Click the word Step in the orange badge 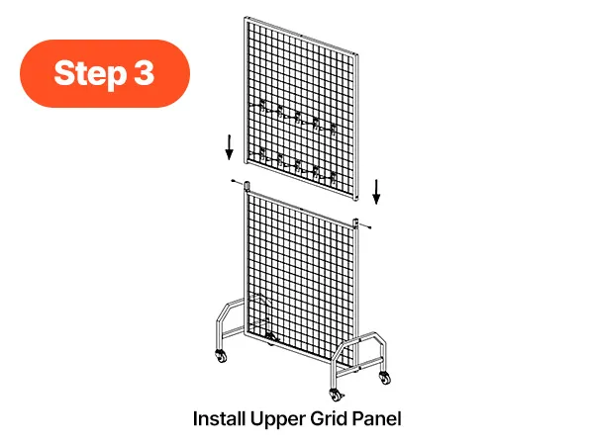click(90, 74)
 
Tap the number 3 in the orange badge click(145, 72)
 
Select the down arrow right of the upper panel click(376, 192)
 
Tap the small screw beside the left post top click(237, 182)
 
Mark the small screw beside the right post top click(365, 225)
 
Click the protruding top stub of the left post click(247, 186)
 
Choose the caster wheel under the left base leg click(221, 356)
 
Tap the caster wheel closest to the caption click(336, 395)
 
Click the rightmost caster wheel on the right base click(384, 378)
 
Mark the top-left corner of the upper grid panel click(246, 17)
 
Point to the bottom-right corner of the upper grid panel click(356, 200)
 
